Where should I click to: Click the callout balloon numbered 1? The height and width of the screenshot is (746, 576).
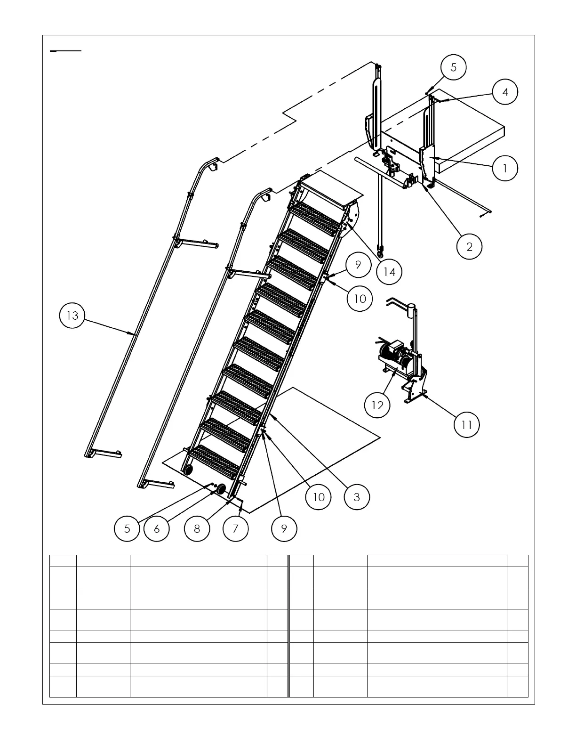505,168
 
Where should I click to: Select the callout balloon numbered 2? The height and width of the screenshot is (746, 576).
469,246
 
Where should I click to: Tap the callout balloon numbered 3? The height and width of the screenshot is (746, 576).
357,497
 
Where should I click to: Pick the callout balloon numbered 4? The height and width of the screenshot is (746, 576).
505,92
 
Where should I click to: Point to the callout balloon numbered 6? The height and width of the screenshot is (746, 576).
157,528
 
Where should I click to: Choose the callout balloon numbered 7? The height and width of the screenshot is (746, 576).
235,528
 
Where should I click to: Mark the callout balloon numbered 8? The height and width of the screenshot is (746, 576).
197,528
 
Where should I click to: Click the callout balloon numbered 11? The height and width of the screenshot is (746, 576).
466,425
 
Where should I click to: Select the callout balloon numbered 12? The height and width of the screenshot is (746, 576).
378,405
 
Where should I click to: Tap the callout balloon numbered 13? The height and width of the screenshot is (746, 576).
72,316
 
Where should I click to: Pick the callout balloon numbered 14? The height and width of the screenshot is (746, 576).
390,272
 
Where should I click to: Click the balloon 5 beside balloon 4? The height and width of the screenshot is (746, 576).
453,67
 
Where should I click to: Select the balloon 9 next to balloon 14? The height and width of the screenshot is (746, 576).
358,265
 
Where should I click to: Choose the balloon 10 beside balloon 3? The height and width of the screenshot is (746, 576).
319,497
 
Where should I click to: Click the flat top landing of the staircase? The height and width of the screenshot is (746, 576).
329,188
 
